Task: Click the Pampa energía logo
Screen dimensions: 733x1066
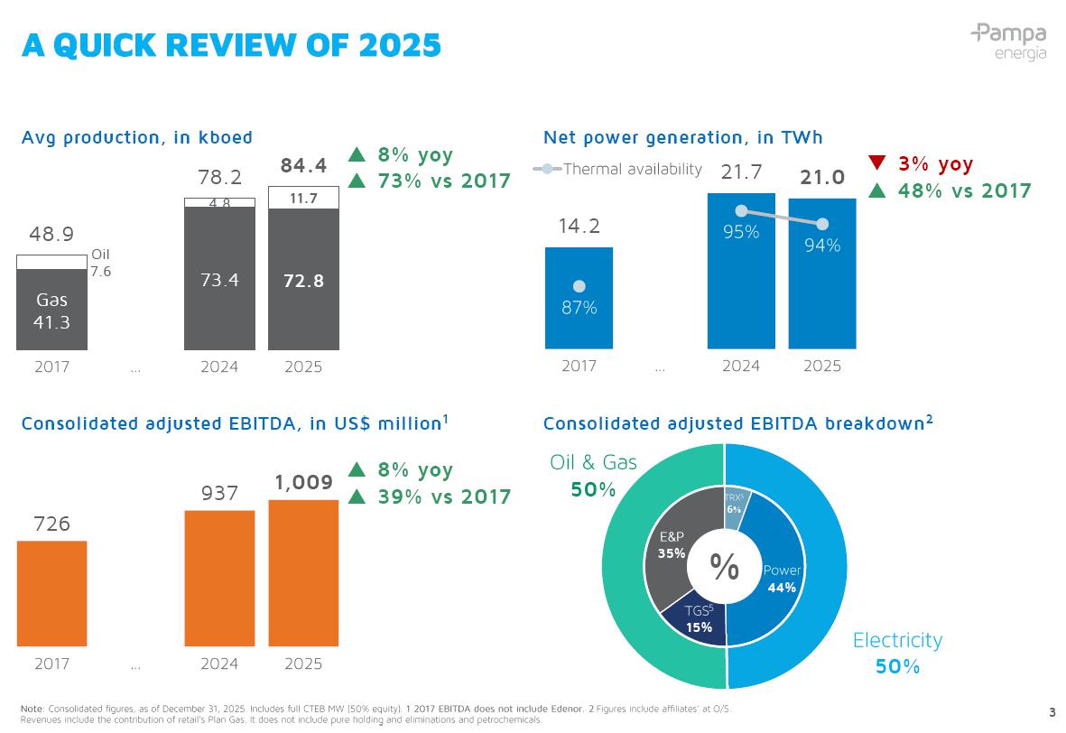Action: (1008, 42)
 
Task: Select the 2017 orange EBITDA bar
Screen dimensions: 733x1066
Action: (51, 593)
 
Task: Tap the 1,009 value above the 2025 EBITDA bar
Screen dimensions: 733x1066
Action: (303, 483)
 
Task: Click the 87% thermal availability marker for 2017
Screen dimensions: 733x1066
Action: (579, 287)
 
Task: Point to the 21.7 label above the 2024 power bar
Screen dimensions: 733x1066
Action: (741, 172)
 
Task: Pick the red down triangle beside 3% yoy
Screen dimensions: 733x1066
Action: (877, 163)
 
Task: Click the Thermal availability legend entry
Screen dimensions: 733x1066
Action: (618, 169)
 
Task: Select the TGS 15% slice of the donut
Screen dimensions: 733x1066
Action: (697, 621)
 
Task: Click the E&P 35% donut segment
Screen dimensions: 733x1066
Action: (670, 545)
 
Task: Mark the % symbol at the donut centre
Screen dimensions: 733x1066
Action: (724, 567)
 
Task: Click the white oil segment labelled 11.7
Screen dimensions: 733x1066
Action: (303, 198)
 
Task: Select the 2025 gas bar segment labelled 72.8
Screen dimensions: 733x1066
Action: (303, 280)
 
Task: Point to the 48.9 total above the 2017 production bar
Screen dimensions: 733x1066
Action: (51, 235)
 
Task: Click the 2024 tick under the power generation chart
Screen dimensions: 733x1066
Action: (741, 366)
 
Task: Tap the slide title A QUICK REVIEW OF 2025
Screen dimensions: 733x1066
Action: (232, 44)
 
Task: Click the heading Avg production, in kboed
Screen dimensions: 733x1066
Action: (137, 137)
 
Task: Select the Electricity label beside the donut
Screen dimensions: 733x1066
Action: (897, 640)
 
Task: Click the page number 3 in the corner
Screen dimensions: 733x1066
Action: (1052, 710)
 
